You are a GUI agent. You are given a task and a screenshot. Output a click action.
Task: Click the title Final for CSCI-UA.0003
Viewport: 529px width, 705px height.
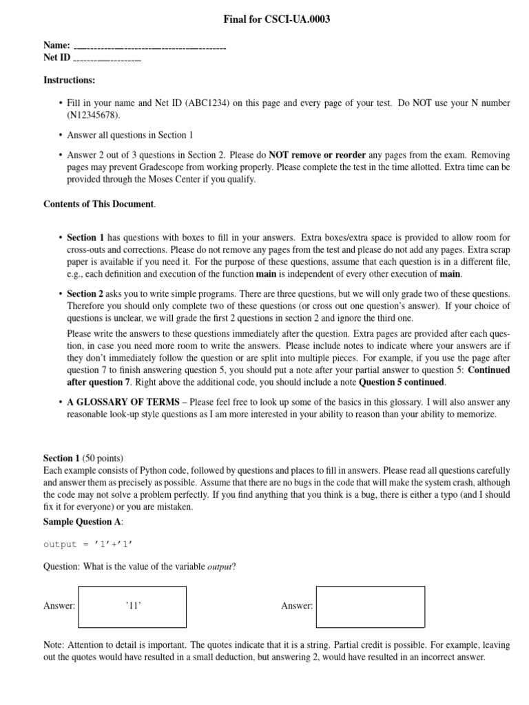pyautogui.click(x=276, y=20)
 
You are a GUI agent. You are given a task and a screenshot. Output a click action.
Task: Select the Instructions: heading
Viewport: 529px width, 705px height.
pyautogui.click(x=70, y=80)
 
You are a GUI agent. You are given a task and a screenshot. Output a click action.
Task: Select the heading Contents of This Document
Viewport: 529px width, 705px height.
pyautogui.click(x=99, y=204)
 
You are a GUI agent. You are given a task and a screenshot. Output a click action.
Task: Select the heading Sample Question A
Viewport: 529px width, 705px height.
pyautogui.click(x=83, y=522)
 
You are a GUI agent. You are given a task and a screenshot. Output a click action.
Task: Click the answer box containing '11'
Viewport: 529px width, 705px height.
pyautogui.click(x=132, y=607)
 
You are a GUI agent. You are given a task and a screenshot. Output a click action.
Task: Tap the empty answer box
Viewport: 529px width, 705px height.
pyautogui.click(x=369, y=607)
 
